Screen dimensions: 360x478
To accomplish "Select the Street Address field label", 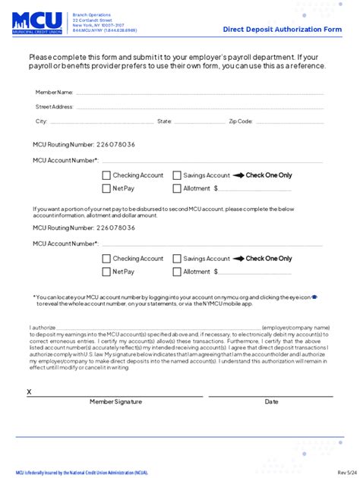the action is point(55,107).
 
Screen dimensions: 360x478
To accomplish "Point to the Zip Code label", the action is point(242,121).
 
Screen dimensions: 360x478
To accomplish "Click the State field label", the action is point(165,121).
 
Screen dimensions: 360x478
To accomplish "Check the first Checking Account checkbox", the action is point(106,175).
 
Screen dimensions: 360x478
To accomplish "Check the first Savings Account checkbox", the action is point(177,175).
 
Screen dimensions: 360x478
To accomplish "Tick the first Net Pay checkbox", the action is point(106,188).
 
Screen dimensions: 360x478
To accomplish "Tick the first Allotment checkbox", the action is point(177,188).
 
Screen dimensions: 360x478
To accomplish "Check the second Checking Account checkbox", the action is point(106,259).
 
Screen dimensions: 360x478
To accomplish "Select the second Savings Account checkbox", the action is point(177,259).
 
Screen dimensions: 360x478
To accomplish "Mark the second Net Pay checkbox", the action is point(106,272).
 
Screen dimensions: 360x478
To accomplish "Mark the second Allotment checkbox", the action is point(177,272).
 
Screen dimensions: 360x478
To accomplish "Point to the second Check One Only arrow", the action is point(238,259).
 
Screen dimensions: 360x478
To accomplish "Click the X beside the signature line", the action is point(30,392).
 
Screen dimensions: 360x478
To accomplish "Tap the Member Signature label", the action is point(115,402).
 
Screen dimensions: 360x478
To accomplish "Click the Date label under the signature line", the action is point(271,402).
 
